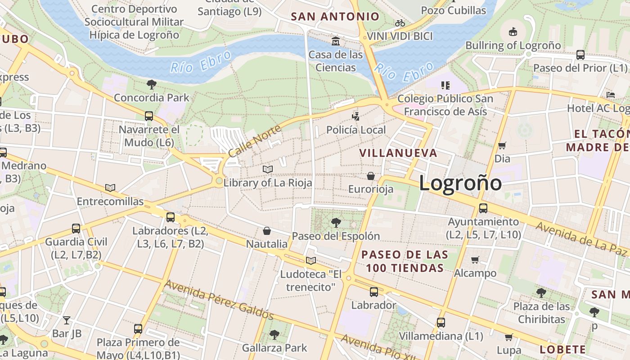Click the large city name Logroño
tap(460, 183)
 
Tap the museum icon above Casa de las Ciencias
tap(335, 41)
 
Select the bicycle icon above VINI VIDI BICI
tap(400, 23)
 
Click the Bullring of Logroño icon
tap(513, 31)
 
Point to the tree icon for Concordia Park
tap(152, 84)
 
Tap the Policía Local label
tap(356, 130)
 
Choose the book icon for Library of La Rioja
tap(268, 169)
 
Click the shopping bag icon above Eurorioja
tap(371, 175)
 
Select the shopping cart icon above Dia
tap(502, 145)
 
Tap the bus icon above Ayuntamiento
tap(483, 208)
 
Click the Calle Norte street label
tap(254, 141)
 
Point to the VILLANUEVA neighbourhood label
tap(398, 153)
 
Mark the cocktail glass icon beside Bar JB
tap(67, 320)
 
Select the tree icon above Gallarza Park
tap(274, 334)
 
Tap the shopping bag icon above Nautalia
tap(267, 231)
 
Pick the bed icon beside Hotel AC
tap(611, 95)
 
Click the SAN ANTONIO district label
tap(335, 17)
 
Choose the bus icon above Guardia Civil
tap(76, 229)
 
